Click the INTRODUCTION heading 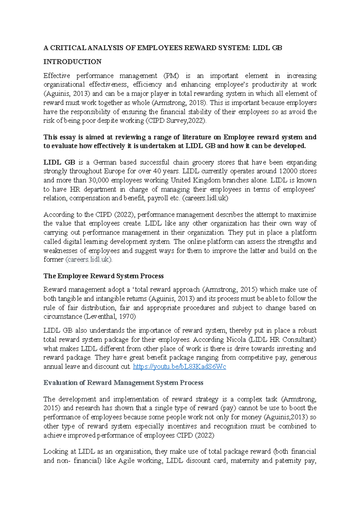(72, 62)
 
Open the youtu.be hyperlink (179, 367)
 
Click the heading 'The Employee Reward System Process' (103, 276)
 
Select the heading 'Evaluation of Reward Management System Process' (123, 383)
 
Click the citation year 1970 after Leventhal (127, 317)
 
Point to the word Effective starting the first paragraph (57, 76)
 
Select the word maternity (244, 461)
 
